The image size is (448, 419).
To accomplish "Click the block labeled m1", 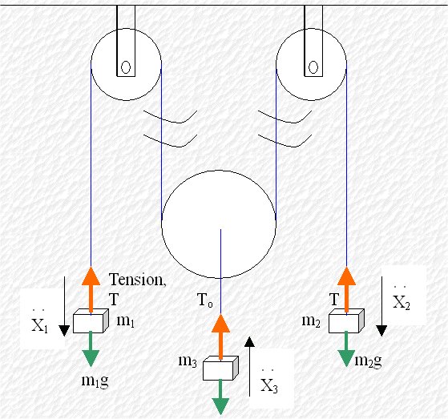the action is click(x=91, y=320).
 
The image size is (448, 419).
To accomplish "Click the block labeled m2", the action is click(x=346, y=320).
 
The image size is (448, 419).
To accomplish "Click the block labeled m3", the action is click(x=220, y=369).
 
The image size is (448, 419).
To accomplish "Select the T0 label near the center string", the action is click(x=205, y=300).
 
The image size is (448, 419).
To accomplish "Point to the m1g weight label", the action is click(x=95, y=381).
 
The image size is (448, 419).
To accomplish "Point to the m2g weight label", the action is click(x=368, y=361).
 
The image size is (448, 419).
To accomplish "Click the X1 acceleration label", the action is click(x=40, y=323).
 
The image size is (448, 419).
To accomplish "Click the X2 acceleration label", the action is click(x=402, y=300).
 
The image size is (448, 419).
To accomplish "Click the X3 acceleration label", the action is click(x=269, y=383).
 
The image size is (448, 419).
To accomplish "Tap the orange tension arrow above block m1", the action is click(x=91, y=290).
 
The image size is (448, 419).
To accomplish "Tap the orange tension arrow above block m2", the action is click(x=346, y=290).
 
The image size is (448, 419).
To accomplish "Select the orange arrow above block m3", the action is click(x=220, y=337).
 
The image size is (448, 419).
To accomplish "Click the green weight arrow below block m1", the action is click(x=91, y=349).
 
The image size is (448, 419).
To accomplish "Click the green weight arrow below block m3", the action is click(x=220, y=397).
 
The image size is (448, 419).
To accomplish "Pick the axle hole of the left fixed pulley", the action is click(x=126, y=67).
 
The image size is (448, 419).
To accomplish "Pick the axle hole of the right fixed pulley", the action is click(x=313, y=67).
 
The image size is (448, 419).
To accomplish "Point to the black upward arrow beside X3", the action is click(x=250, y=366).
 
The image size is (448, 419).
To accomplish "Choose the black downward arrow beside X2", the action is click(x=381, y=306).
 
